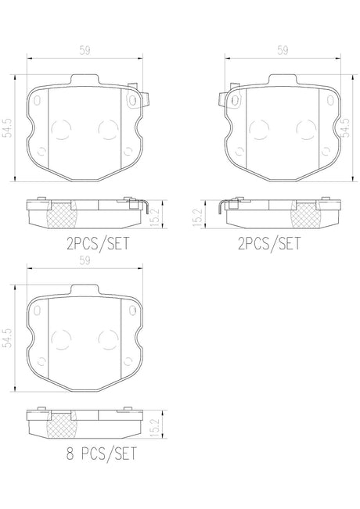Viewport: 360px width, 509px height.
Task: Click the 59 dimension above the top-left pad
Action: (x=85, y=50)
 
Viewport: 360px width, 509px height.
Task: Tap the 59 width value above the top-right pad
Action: (x=283, y=50)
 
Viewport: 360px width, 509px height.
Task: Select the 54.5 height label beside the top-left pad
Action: (x=7, y=128)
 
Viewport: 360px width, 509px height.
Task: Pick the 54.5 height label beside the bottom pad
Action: (x=7, y=339)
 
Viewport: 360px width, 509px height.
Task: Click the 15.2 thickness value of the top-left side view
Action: (x=156, y=217)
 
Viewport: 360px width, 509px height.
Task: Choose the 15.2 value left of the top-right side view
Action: (x=197, y=217)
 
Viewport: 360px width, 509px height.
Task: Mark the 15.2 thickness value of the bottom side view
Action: (x=156, y=427)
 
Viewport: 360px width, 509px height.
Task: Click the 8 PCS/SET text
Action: (x=102, y=453)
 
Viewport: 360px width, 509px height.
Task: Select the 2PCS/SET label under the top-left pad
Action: (x=98, y=243)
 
